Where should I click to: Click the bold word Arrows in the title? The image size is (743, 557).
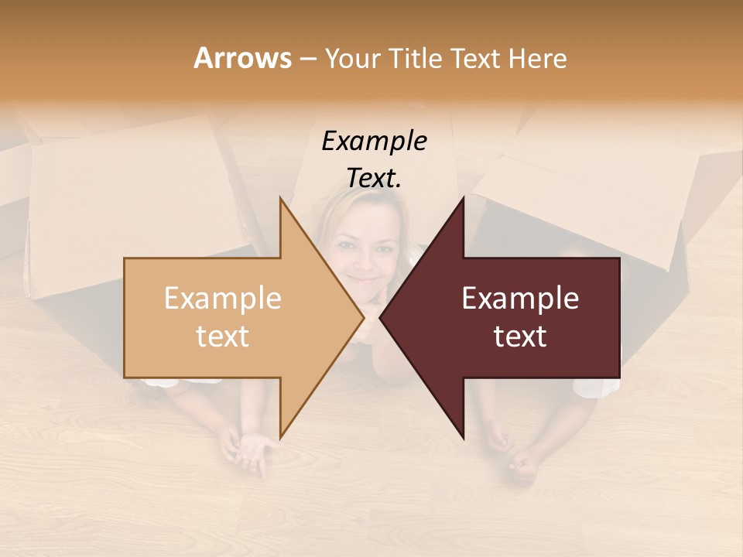pos(242,58)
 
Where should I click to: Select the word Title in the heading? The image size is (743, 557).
pos(415,58)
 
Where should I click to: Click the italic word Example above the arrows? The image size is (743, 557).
pos(374,142)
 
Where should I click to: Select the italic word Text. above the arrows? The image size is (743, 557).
pos(374,178)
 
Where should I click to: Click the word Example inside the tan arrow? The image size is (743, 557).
pos(223,299)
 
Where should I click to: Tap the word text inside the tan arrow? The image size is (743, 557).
pos(223,336)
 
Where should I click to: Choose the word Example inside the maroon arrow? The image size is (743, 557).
pos(520,299)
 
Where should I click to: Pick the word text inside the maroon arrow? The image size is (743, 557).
pos(520,336)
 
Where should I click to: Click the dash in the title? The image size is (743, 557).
pos(307,59)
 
